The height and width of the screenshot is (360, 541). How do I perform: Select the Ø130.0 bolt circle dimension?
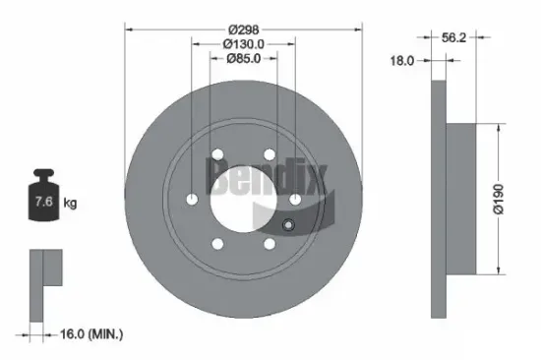(x=243, y=43)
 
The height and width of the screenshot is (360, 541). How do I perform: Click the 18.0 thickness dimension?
(x=402, y=61)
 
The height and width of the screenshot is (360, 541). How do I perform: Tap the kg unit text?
(x=70, y=204)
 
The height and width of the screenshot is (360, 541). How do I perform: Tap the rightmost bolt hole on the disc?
(x=294, y=199)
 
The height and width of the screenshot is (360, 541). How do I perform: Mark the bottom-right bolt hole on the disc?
(x=269, y=244)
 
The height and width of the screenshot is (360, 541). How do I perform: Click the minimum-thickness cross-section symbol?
(x=44, y=285)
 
